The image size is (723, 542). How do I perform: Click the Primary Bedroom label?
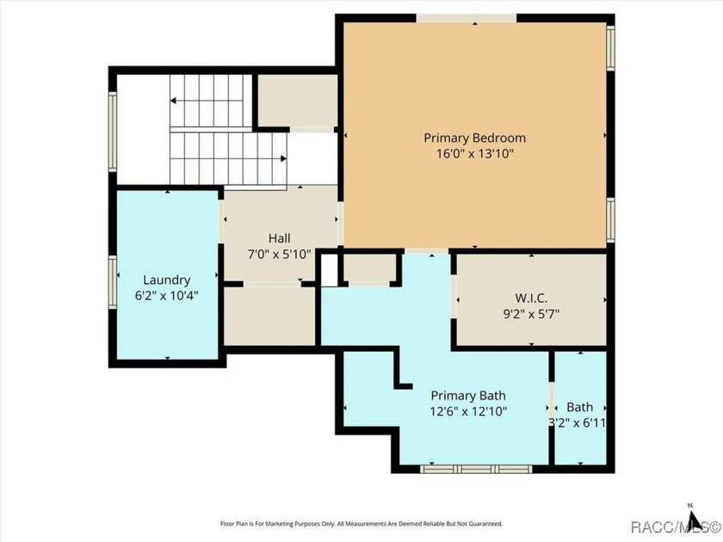tap(474, 138)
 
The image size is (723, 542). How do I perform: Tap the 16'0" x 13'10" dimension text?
tap(474, 154)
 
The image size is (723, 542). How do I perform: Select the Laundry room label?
tap(166, 280)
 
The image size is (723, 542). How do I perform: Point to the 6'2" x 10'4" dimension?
tap(166, 295)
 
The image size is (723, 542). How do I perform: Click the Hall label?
tap(279, 238)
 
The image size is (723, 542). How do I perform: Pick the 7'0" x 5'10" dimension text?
tap(279, 254)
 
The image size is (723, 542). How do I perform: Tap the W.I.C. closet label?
tap(530, 298)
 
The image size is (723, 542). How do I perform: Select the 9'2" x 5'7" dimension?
tap(530, 313)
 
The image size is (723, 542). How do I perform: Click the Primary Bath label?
tap(468, 396)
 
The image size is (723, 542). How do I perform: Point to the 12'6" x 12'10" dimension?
tap(468, 411)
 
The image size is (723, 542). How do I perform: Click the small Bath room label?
tap(579, 407)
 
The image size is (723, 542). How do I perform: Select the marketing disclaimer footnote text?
tap(361, 523)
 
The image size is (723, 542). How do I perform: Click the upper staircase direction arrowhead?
tap(173, 101)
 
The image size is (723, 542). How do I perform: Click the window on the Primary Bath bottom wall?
tap(476, 469)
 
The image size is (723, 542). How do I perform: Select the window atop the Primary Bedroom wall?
tap(467, 18)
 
